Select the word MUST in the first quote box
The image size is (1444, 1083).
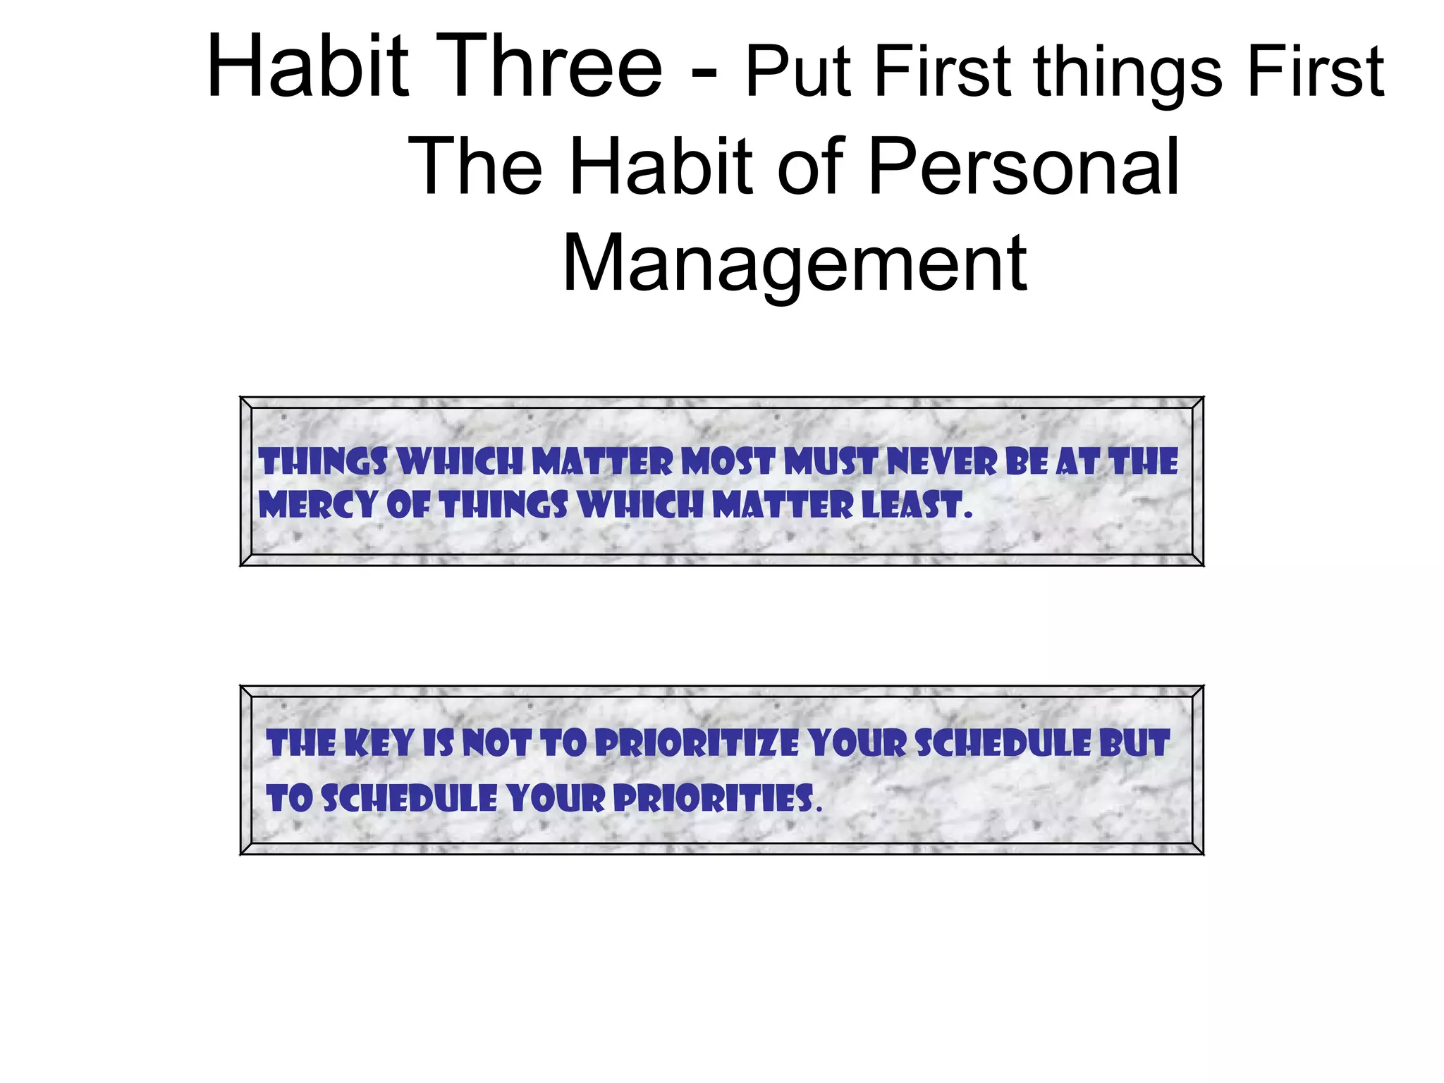831,463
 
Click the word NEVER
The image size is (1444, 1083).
942,463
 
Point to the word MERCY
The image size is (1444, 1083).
317,506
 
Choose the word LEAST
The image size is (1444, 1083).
912,506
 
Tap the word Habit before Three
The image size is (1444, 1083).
307,67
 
